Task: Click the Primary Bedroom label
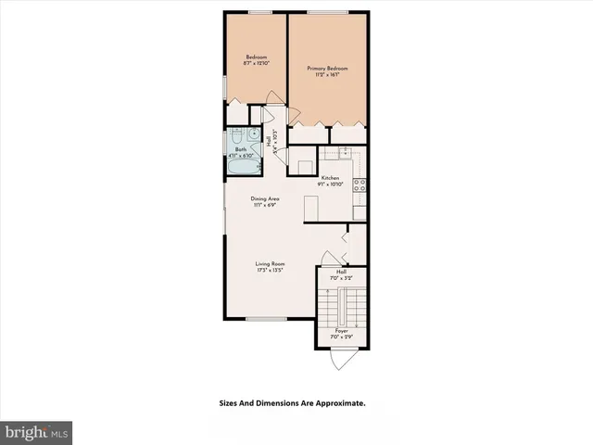click(x=327, y=68)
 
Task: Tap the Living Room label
click(x=269, y=264)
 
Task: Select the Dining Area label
click(x=265, y=198)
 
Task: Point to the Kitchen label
click(x=331, y=177)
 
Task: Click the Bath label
click(x=240, y=149)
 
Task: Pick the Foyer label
click(x=342, y=330)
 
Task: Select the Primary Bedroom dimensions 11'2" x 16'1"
click(x=327, y=75)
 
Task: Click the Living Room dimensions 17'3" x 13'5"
click(x=269, y=271)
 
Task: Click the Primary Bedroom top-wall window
click(x=328, y=12)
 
